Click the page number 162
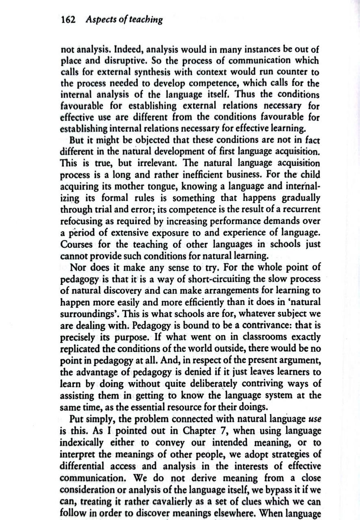(x=68, y=19)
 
